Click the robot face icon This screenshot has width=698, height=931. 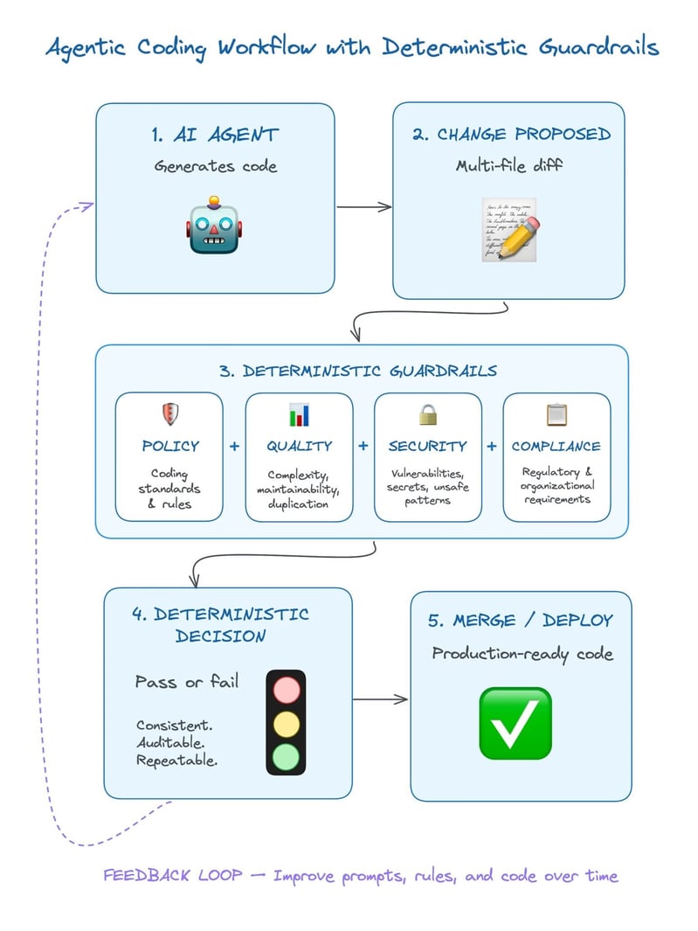click(214, 226)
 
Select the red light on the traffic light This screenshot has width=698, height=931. click(286, 690)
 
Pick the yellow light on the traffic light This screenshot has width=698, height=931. click(286, 722)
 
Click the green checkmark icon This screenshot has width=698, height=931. click(515, 723)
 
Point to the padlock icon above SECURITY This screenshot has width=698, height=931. click(428, 414)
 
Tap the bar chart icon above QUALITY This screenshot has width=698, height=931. click(300, 414)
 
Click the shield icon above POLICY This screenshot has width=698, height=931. click(169, 414)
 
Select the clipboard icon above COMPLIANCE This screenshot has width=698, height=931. click(556, 414)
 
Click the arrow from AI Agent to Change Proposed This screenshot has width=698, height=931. click(363, 207)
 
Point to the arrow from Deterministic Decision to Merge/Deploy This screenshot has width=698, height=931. click(381, 699)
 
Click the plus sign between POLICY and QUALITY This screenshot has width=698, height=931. click(234, 447)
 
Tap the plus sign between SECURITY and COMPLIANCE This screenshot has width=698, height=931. click(492, 447)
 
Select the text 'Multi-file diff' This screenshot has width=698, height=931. click(508, 165)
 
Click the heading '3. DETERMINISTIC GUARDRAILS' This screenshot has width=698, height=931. click(358, 371)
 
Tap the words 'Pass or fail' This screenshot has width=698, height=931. click(186, 681)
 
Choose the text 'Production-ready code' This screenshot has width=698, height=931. click(522, 654)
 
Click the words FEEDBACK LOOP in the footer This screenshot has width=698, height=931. click(172, 875)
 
